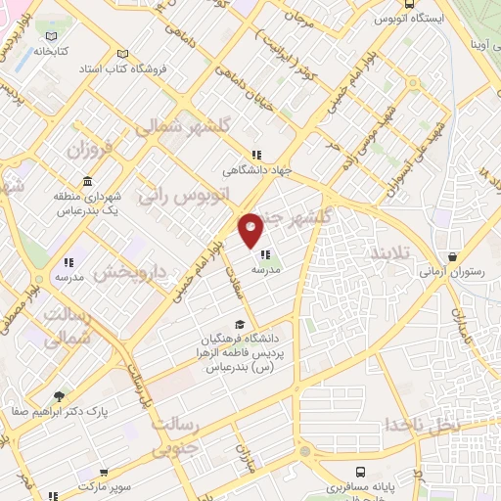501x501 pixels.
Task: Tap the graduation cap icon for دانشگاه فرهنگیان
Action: point(241,324)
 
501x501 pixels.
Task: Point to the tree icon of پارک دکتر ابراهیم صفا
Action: point(60,396)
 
